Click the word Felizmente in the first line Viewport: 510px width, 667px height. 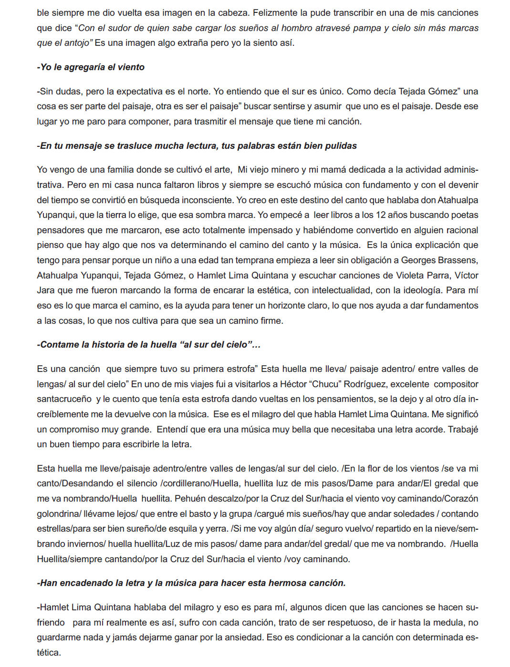274,12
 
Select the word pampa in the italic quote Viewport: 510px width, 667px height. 364,28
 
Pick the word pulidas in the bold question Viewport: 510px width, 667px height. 341,146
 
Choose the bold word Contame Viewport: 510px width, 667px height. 59,345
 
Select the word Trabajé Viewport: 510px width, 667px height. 463,430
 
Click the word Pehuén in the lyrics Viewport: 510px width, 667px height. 188,499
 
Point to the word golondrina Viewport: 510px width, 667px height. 58,514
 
